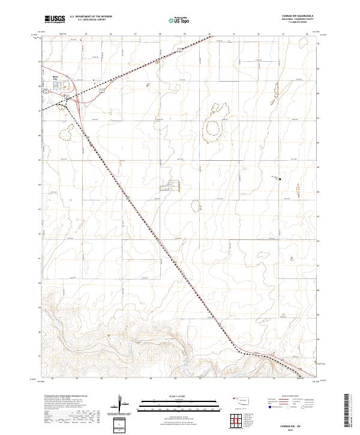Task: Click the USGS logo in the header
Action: [x=55, y=20]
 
